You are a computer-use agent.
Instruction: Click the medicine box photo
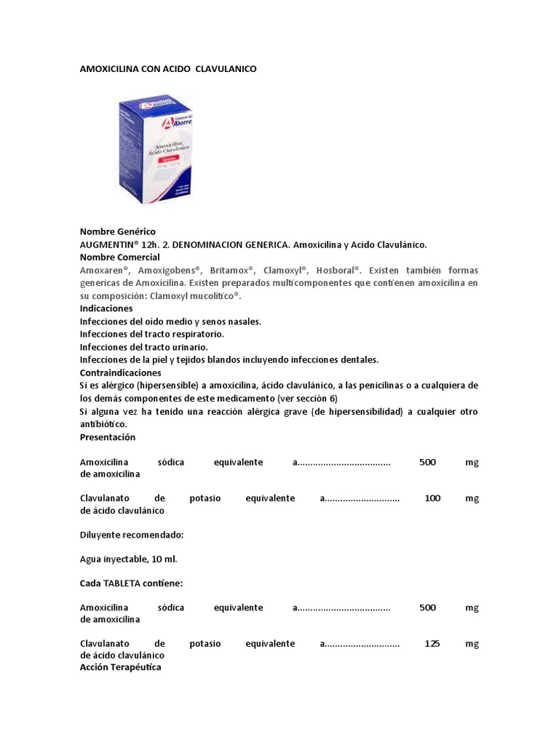(x=155, y=148)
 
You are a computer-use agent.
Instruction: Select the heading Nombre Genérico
(x=117, y=231)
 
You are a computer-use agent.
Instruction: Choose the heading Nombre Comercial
(x=119, y=258)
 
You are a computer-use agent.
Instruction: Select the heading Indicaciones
(x=106, y=308)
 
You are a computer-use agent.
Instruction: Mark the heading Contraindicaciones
(x=120, y=372)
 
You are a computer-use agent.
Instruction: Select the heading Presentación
(x=108, y=437)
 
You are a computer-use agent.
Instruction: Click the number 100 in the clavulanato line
(x=432, y=498)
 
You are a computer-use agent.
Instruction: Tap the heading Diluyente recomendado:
(x=131, y=535)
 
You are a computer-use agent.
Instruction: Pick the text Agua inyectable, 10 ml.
(x=128, y=559)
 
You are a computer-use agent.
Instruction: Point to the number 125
(x=432, y=644)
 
